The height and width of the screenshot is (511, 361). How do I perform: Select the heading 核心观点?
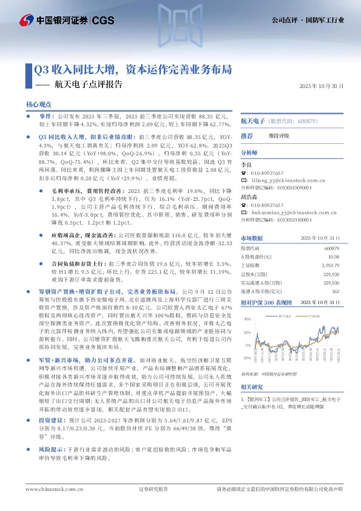(39, 104)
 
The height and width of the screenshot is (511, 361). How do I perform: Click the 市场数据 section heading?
(252, 238)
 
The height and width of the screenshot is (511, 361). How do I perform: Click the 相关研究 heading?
(252, 387)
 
